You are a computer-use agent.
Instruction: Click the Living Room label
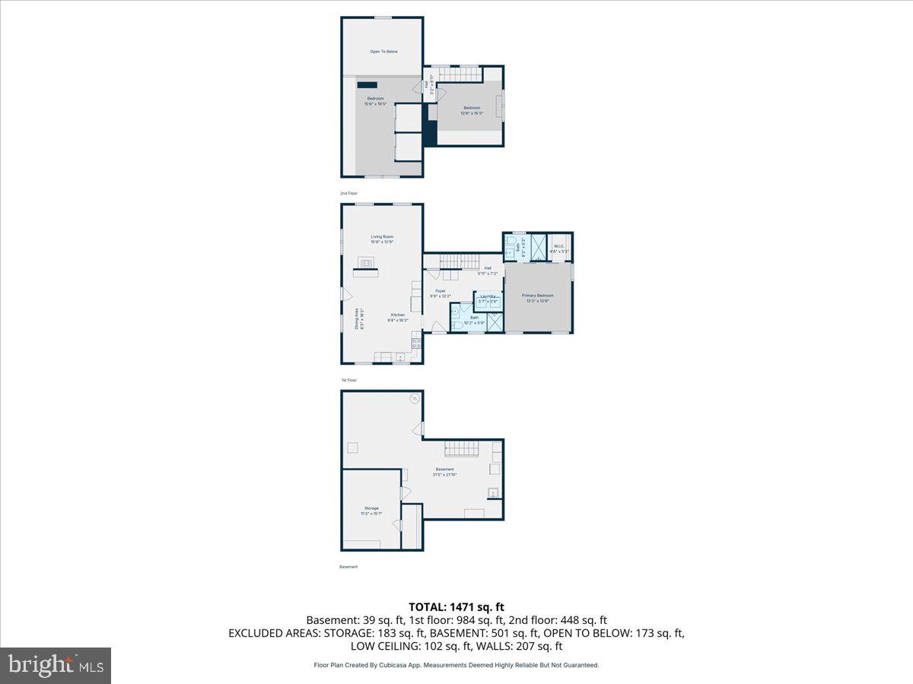click(x=382, y=239)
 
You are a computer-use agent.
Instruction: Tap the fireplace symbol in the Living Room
click(x=367, y=264)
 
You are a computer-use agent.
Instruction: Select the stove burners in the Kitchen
click(x=416, y=343)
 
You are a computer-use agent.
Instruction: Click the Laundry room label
click(x=488, y=297)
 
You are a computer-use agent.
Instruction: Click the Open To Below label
click(x=383, y=52)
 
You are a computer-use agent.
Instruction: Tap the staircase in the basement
click(x=461, y=448)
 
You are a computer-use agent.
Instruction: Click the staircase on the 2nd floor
click(x=459, y=74)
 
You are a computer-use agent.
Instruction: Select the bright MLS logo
click(x=56, y=665)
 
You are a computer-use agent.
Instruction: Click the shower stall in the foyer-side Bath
click(x=494, y=321)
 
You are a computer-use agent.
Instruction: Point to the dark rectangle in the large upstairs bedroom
click(x=368, y=85)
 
